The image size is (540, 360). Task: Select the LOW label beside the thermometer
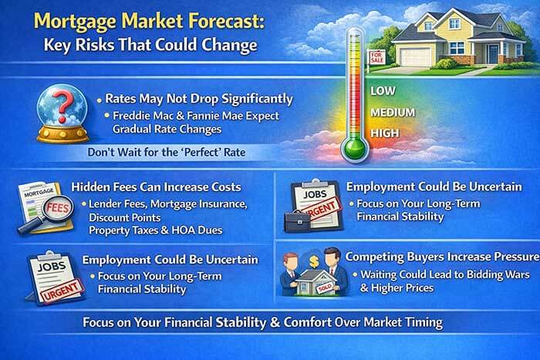[x=383, y=91]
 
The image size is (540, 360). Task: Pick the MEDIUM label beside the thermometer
[x=393, y=113]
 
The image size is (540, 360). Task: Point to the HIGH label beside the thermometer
[x=384, y=133]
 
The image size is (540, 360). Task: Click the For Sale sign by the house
[x=378, y=58]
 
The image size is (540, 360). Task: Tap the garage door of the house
[x=417, y=53]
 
